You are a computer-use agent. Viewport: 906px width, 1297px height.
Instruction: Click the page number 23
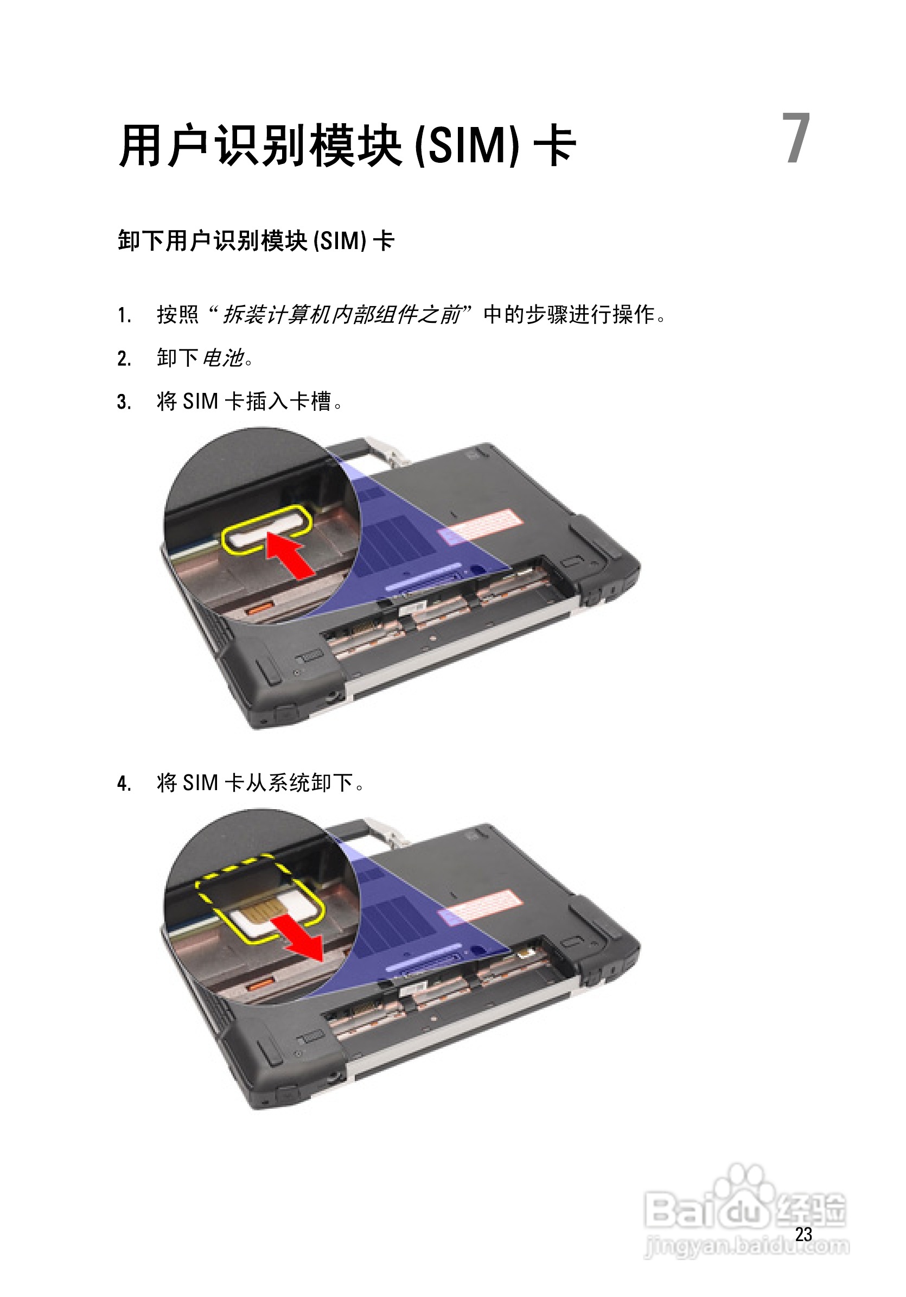[x=803, y=1234]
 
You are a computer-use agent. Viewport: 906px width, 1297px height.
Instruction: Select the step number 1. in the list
[x=124, y=315]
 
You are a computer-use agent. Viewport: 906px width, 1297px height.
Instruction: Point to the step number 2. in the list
[x=124, y=359]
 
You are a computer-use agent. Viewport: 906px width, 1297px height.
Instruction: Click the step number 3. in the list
[x=124, y=402]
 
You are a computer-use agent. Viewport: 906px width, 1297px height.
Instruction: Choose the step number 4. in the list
[x=124, y=784]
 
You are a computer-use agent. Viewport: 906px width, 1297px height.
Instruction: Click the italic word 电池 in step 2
[x=223, y=358]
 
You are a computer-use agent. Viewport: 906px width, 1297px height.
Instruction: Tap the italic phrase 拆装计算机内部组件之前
[x=342, y=315]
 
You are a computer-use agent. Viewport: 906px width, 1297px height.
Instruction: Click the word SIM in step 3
[x=201, y=402]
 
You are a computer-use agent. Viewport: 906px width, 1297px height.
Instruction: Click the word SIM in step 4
[x=201, y=783]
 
